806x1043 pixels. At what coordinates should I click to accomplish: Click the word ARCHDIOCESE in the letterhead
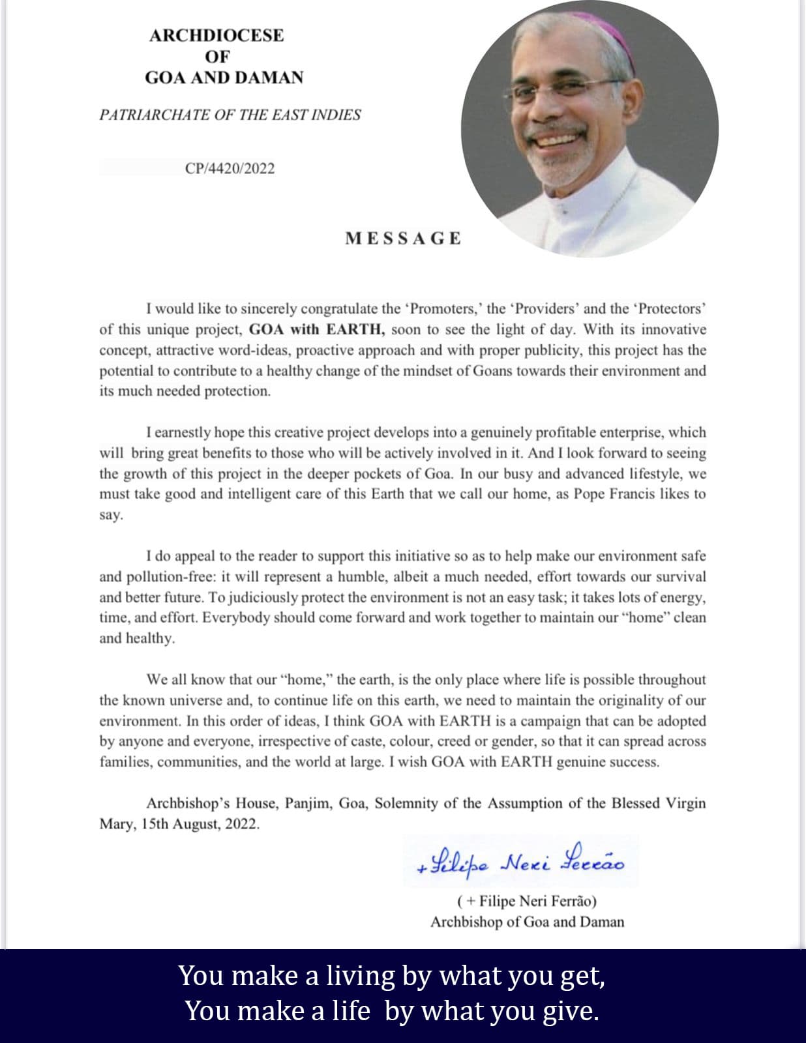[x=216, y=35]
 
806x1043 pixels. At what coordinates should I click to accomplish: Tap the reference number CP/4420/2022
[x=230, y=168]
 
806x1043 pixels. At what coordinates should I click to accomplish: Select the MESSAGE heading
[x=403, y=239]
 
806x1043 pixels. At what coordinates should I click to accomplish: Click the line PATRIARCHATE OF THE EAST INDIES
[x=230, y=115]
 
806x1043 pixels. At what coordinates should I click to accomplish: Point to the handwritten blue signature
[x=520, y=862]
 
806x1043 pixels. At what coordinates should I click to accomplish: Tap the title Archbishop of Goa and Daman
[x=527, y=922]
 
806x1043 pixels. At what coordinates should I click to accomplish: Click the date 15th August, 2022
[x=200, y=824]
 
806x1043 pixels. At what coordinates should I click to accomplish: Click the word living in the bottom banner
[x=361, y=976]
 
